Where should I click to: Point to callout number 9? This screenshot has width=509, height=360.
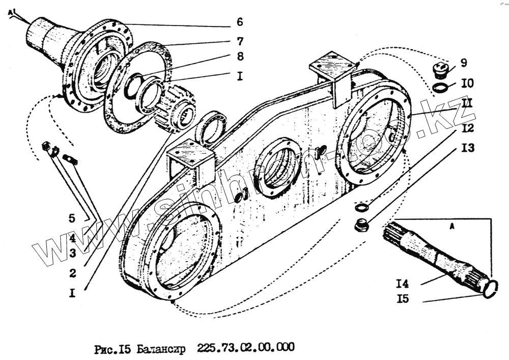click(464, 63)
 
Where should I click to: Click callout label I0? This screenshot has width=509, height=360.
click(467, 82)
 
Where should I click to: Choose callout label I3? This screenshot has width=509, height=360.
click(467, 148)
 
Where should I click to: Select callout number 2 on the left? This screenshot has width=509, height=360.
click(73, 273)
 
